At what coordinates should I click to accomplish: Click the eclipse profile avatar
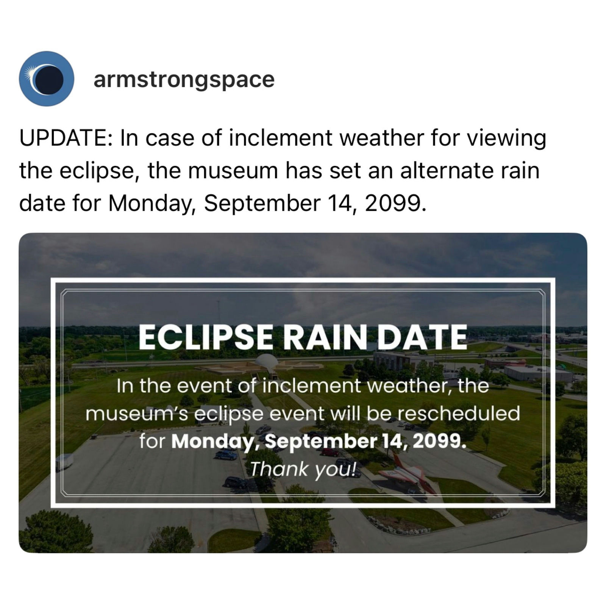coord(46,78)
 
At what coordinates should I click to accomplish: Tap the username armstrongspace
coord(184,80)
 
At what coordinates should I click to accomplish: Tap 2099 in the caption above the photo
coord(392,203)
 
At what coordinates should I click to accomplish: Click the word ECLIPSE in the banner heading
coord(205,337)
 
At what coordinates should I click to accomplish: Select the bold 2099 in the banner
coord(439,441)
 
